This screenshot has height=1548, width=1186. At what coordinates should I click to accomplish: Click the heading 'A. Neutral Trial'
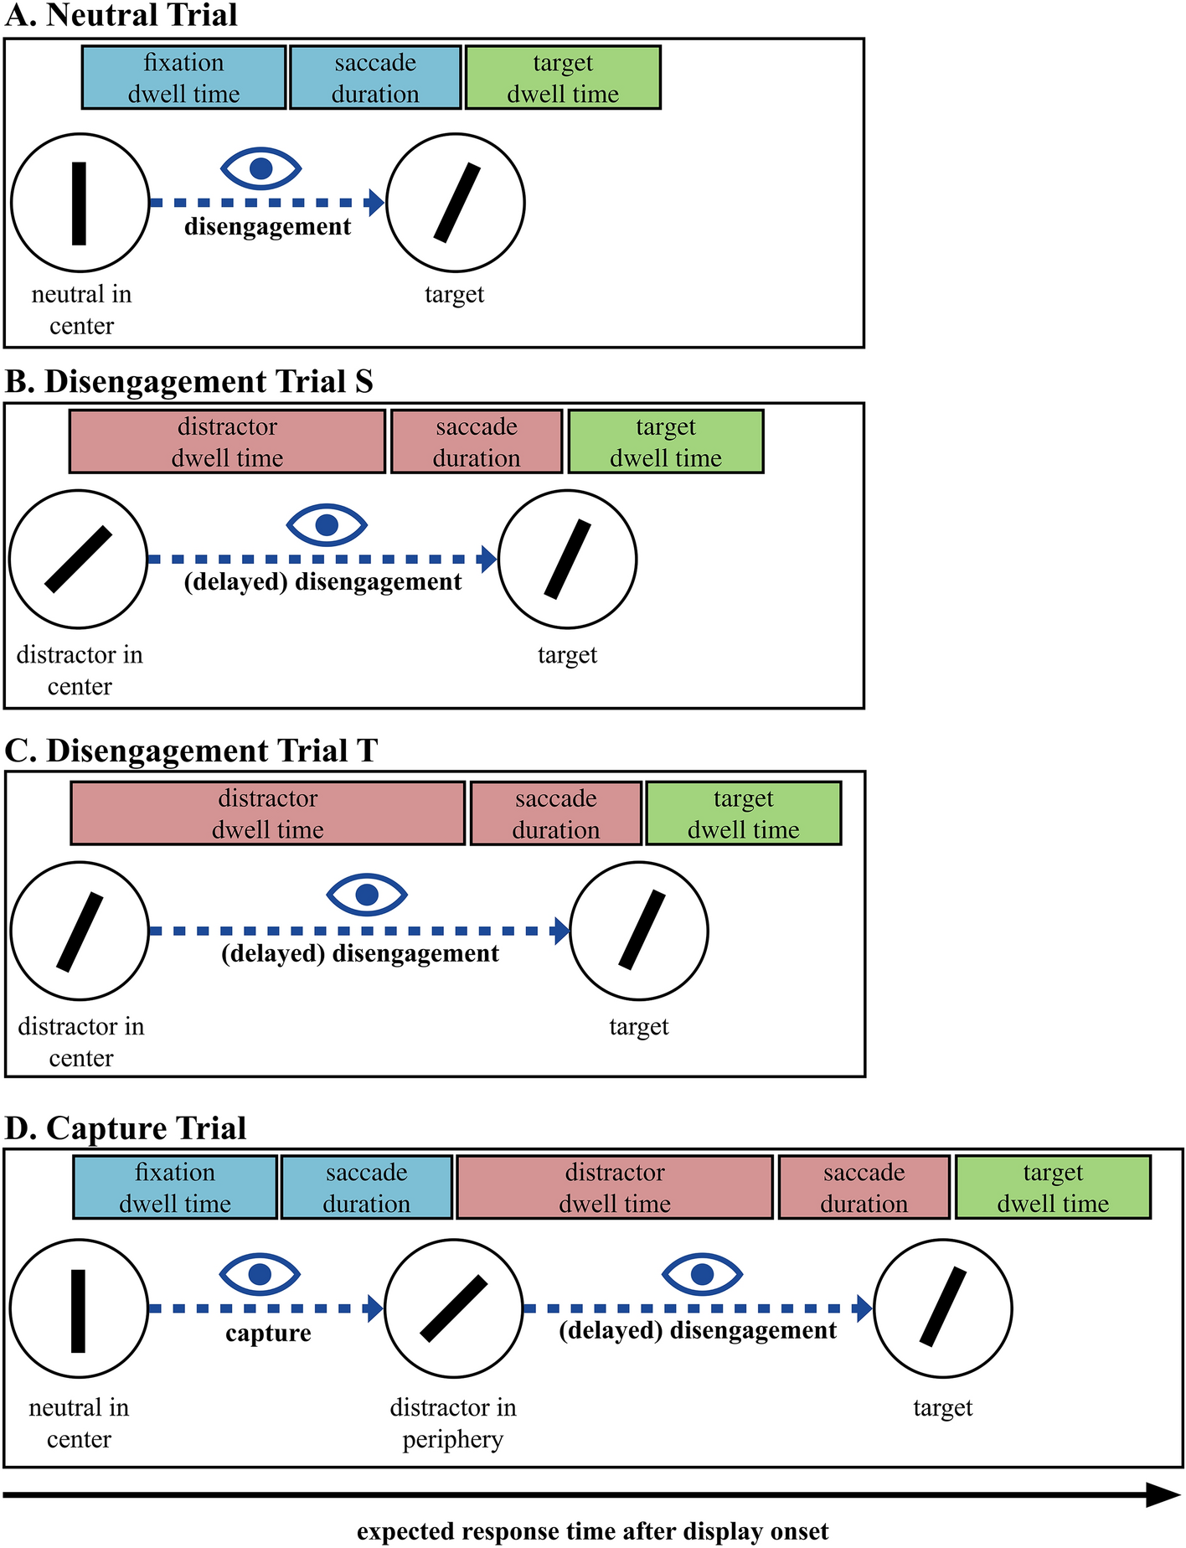point(121,16)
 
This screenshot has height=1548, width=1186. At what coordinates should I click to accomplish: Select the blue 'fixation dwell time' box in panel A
point(183,78)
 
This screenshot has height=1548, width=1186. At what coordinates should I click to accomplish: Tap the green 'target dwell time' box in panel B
point(666,442)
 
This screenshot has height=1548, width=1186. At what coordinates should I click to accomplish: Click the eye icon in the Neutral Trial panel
point(260,168)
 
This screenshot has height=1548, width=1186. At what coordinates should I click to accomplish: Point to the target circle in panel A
point(456,203)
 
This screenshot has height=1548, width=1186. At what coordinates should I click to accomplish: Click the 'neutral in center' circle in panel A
point(80,203)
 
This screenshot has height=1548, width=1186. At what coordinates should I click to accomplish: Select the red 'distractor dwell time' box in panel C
point(267,813)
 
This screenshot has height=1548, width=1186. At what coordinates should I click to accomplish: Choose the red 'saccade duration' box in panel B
point(476,442)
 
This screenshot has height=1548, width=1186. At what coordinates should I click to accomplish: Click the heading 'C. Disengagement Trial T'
point(191,751)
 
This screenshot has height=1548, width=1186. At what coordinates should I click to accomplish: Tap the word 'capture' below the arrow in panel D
point(268,1334)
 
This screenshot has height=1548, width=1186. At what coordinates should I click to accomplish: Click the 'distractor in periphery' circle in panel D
point(454,1308)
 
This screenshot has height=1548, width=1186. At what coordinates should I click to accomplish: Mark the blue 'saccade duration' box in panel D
point(366,1188)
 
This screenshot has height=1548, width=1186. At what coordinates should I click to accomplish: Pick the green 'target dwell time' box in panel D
point(1053,1188)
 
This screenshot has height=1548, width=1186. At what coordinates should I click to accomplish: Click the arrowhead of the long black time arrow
point(1165,1494)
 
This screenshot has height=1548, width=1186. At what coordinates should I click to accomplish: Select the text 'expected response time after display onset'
point(592,1532)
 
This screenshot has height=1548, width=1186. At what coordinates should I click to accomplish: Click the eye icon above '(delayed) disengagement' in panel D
point(702,1275)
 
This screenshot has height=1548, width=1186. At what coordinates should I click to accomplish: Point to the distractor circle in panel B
point(79,560)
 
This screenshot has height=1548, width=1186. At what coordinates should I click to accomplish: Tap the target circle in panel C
point(639,931)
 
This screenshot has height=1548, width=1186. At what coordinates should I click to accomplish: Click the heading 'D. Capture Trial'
point(126,1128)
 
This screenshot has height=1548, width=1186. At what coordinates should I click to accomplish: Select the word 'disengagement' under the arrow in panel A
point(267,227)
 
